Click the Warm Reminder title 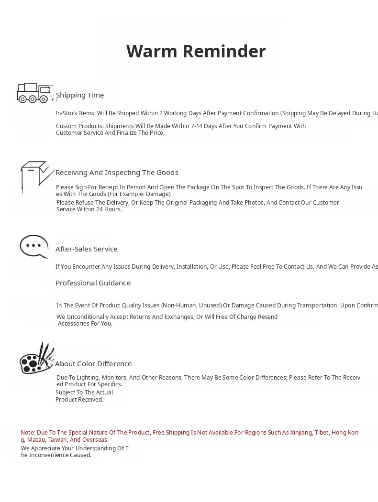[x=196, y=51]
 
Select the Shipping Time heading [x=80, y=95]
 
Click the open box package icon [x=36, y=176]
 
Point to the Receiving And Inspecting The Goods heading [x=117, y=173]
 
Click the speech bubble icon [x=34, y=246]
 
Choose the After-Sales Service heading [x=86, y=249]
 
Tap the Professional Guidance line [x=93, y=283]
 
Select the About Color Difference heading [x=93, y=364]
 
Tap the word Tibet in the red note [x=322, y=433]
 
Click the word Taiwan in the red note [x=57, y=440]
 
